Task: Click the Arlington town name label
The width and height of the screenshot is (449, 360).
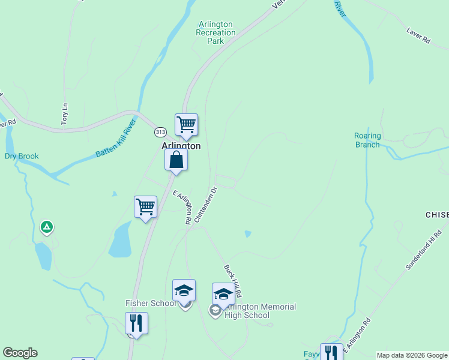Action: click(x=181, y=146)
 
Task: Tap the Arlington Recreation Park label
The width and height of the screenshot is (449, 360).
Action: click(x=215, y=32)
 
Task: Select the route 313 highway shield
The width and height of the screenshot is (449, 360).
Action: click(x=160, y=132)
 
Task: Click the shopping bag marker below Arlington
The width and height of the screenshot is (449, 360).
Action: click(x=176, y=160)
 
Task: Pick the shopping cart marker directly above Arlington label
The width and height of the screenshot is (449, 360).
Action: click(x=186, y=125)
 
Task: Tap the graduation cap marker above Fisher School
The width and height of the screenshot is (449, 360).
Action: click(x=184, y=290)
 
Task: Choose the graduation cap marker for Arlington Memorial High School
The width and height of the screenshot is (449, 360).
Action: click(x=223, y=295)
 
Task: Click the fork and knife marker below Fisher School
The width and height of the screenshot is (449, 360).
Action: click(x=136, y=323)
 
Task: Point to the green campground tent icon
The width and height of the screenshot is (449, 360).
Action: click(x=46, y=227)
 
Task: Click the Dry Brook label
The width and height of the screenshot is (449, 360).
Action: click(x=22, y=157)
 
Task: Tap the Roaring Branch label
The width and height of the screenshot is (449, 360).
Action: click(x=367, y=140)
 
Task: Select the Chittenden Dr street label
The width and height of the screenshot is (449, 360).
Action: click(x=205, y=205)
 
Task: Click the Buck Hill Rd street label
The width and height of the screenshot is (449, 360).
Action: click(x=232, y=281)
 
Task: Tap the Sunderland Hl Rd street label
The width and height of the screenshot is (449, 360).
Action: click(x=423, y=248)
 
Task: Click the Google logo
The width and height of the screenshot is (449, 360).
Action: click(x=20, y=353)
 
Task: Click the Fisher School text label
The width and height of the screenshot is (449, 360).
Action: click(x=151, y=303)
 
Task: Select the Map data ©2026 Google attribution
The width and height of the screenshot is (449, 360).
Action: click(x=412, y=355)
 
